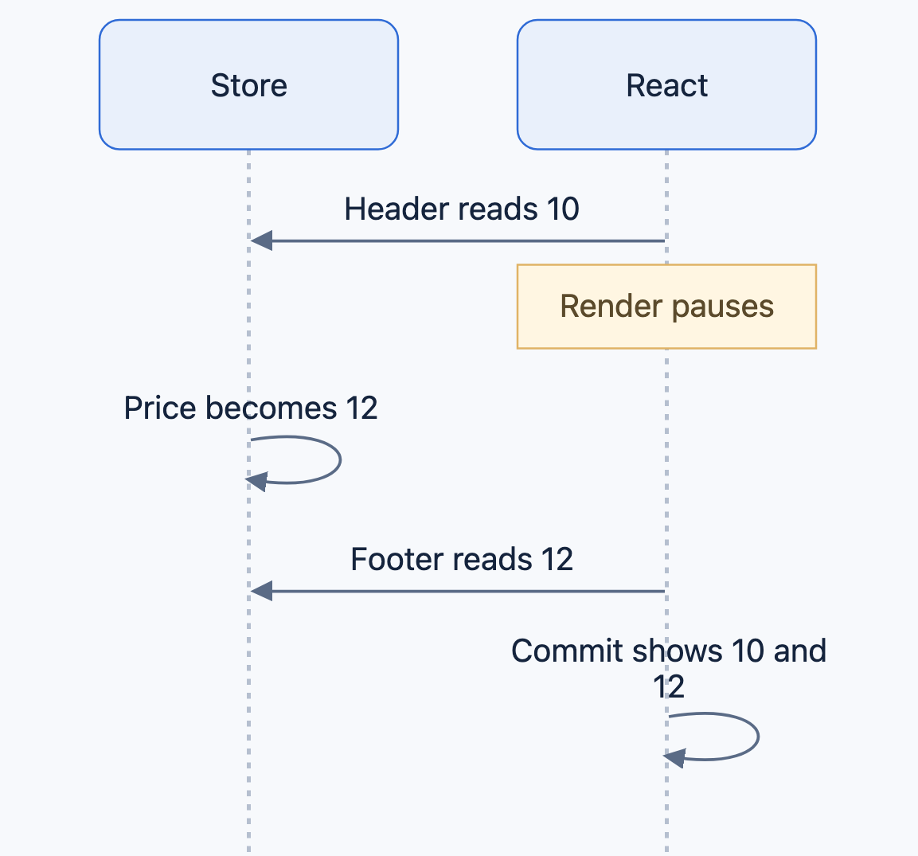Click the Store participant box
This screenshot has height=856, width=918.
pyautogui.click(x=249, y=85)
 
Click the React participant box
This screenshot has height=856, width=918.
pyautogui.click(x=667, y=85)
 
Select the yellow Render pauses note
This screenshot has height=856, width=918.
pyautogui.click(x=667, y=307)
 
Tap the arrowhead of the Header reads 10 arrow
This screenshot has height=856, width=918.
pyautogui.click(x=261, y=240)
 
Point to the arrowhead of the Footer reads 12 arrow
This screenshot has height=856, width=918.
pyautogui.click(x=261, y=591)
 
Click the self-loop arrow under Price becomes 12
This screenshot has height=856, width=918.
pyautogui.click(x=340, y=459)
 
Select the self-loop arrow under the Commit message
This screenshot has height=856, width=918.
pyautogui.click(x=758, y=737)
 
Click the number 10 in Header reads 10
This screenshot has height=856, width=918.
pyautogui.click(x=563, y=209)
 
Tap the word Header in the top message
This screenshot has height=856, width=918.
pyautogui.click(x=389, y=209)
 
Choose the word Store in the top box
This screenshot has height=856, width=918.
pyautogui.click(x=249, y=85)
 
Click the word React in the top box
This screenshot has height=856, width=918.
pyautogui.click(x=667, y=85)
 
